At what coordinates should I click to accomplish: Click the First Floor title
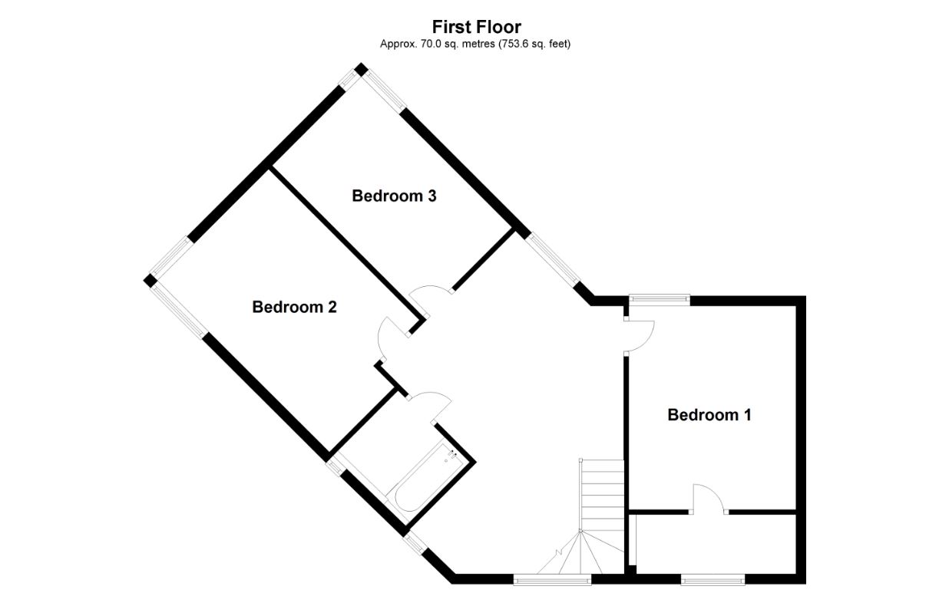pyautogui.click(x=476, y=28)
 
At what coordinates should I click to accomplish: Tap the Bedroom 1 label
pyautogui.click(x=709, y=415)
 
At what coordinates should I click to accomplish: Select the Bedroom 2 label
pyautogui.click(x=294, y=307)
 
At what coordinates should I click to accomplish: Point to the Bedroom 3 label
pyautogui.click(x=394, y=196)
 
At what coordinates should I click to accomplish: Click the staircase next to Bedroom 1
pyautogui.click(x=602, y=499)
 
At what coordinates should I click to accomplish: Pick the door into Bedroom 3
pyautogui.click(x=430, y=295)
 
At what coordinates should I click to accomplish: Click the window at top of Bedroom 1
pyautogui.click(x=658, y=300)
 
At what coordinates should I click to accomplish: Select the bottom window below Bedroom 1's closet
pyautogui.click(x=713, y=580)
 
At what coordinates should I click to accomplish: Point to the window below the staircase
pyautogui.click(x=552, y=580)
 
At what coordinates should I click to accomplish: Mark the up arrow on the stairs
pyautogui.click(x=560, y=552)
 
